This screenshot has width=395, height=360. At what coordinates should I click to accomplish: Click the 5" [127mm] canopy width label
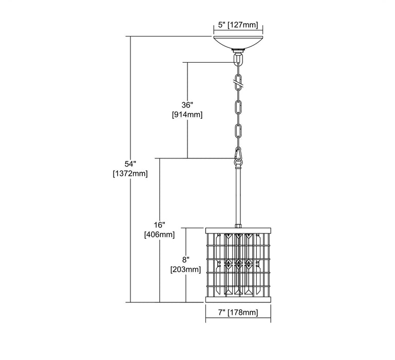tap(238, 25)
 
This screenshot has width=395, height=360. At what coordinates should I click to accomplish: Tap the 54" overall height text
tap(130, 164)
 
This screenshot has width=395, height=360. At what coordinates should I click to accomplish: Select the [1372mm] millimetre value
tap(130, 173)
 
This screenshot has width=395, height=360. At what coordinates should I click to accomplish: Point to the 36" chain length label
tap(187, 105)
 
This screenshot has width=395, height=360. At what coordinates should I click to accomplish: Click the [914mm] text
tap(187, 115)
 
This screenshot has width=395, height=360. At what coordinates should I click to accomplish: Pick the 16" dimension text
tap(159, 225)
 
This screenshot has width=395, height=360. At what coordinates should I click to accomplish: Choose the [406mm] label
tap(159, 235)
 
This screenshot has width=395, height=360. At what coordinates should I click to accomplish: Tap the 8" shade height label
tap(185, 260)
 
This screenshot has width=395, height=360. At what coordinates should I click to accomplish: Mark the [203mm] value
tap(185, 269)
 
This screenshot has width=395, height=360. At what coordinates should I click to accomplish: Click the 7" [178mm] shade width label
tap(238, 313)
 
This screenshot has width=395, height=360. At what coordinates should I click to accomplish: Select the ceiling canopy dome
tap(238, 42)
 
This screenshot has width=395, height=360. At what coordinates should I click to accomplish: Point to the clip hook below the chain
tap(238, 156)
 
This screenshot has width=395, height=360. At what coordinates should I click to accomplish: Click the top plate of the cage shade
tap(238, 230)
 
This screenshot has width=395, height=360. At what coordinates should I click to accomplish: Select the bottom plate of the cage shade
tap(238, 299)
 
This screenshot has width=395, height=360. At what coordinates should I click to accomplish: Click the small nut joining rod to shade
tap(238, 226)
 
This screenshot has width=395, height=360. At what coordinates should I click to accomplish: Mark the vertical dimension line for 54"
tap(130, 169)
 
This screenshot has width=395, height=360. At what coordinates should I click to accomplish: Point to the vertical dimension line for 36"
tap(187, 110)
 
